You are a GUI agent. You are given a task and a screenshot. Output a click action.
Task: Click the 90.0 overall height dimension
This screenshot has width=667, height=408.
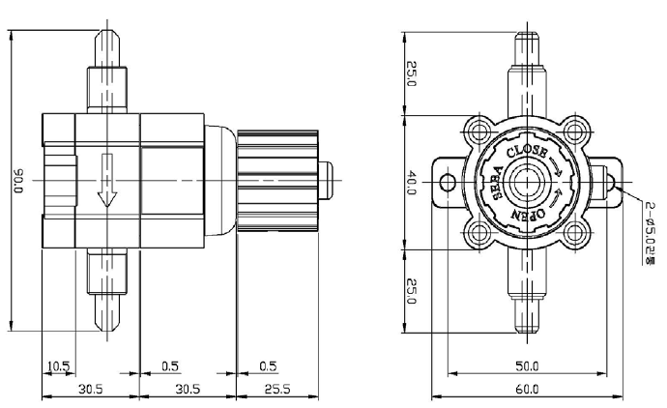click(x=18, y=181)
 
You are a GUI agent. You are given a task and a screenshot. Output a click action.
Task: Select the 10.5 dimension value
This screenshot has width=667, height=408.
click(x=58, y=365)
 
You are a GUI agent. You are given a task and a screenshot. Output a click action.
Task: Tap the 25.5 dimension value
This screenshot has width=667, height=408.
click(x=277, y=389)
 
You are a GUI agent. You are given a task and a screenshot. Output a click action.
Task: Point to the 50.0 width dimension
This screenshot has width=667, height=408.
click(x=527, y=365)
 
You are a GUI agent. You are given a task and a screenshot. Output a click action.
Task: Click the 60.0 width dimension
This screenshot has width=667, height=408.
click(x=527, y=389)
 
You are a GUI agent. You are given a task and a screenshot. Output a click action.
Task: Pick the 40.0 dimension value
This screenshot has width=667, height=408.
click(x=412, y=183)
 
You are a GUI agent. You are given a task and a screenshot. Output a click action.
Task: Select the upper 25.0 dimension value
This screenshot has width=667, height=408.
click(x=412, y=73)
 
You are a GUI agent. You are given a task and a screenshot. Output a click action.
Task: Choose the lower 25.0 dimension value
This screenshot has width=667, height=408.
click(x=412, y=291)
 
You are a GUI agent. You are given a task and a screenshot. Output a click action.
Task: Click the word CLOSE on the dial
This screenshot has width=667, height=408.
click(x=527, y=152)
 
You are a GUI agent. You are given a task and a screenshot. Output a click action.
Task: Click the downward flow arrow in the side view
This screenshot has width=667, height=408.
click(x=107, y=181)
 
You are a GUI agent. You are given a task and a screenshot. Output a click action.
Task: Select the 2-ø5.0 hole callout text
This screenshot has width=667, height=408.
click(x=650, y=233)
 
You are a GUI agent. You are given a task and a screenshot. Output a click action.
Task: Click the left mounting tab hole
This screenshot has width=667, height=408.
click(x=448, y=183)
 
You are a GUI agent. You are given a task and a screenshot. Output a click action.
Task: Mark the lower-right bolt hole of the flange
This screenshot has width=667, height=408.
click(x=575, y=233)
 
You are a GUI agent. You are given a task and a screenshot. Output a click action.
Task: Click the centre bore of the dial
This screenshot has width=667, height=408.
click(x=527, y=183)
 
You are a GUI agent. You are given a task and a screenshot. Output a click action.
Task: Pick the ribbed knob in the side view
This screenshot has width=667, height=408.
click(x=277, y=181)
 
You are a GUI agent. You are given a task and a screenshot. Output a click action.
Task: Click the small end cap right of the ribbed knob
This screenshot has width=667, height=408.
click(x=326, y=181)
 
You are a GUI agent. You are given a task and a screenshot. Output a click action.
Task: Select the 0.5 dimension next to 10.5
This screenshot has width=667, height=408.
click(x=170, y=365)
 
